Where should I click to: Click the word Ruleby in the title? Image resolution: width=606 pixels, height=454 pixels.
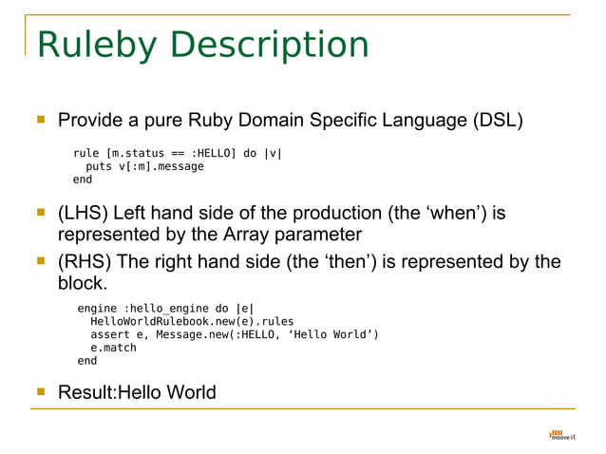pos(86,46)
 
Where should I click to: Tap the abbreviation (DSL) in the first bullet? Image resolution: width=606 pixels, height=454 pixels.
pos(494,122)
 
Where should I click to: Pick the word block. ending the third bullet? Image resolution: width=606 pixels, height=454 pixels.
pos(84,283)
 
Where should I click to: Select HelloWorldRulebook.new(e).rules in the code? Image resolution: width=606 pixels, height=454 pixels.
pos(179,321)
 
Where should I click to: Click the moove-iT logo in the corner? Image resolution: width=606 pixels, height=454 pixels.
pos(562,435)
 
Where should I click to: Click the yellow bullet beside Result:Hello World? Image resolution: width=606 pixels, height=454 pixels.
pos(41,391)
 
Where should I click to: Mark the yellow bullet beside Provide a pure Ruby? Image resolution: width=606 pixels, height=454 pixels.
pos(41,121)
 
